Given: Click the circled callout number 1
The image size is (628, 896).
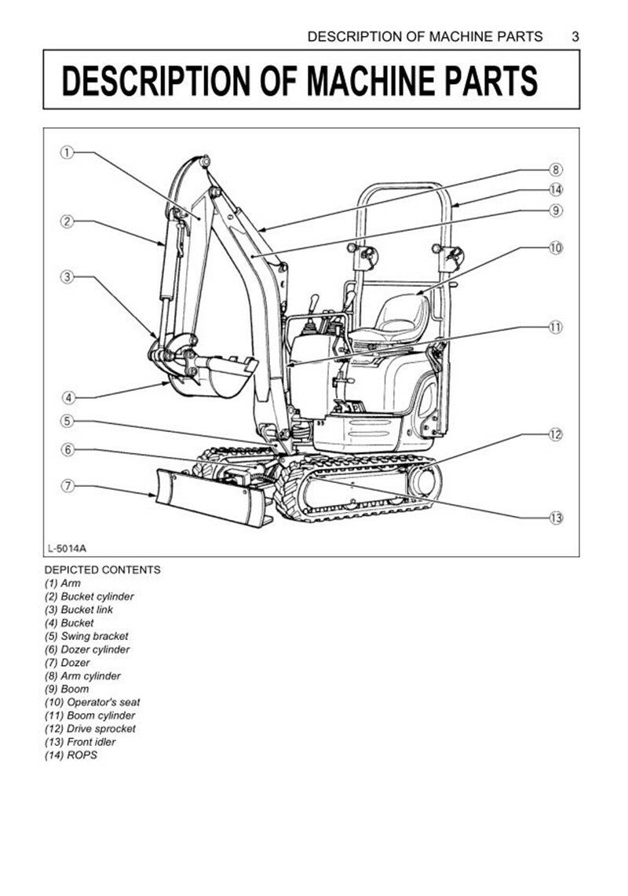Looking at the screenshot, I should point(68,153).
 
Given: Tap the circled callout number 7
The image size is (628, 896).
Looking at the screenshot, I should point(68,486).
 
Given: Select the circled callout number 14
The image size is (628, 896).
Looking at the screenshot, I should point(556,189).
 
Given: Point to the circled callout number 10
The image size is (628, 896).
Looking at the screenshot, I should point(556,247).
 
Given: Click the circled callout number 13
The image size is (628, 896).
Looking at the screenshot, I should point(556,517).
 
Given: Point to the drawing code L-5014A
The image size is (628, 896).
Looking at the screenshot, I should point(67,547).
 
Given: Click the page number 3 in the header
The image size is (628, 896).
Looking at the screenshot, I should point(575,36).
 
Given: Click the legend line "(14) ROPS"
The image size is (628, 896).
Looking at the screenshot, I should point(71,755).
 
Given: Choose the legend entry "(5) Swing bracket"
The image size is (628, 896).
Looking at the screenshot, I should point(86,636).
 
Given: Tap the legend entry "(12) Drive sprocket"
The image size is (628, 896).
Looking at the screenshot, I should point(89,729).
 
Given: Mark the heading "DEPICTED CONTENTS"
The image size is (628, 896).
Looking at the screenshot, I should point(102,570).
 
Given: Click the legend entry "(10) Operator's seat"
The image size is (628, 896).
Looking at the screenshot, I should point(92,702).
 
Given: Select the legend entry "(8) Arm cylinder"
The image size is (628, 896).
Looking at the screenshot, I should point(82,676).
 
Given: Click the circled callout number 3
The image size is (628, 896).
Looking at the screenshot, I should point(68,276).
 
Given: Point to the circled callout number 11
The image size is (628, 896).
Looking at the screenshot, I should point(556,327).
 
